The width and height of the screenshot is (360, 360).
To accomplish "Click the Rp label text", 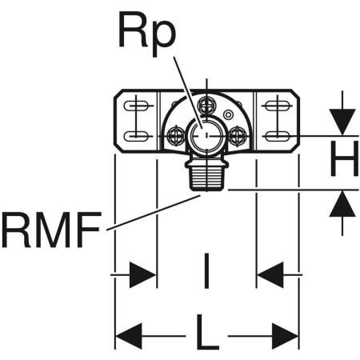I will tap(147, 32).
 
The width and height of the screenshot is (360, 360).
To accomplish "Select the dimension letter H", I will tap(344, 162).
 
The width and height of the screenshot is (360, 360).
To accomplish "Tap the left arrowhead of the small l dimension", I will tap(143, 275).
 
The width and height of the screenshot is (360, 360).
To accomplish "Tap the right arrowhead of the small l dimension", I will tap(270, 275).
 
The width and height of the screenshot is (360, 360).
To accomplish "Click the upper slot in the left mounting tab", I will tap(138, 105).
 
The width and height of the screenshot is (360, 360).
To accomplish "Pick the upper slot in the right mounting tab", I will tap(276, 105).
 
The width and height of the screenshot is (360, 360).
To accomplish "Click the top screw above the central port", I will tap(206, 103).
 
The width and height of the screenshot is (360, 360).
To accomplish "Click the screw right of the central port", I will tap(236, 137).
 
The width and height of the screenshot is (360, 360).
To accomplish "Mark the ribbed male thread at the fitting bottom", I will tap(206, 174).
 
